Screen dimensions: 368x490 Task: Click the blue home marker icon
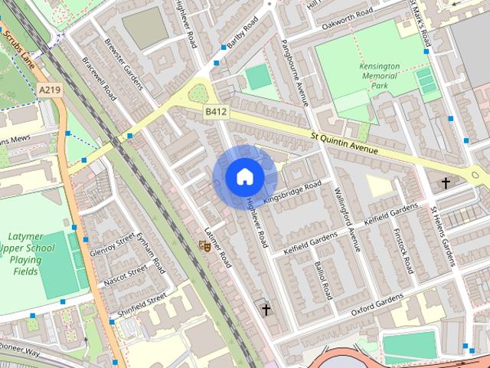tap(244, 177)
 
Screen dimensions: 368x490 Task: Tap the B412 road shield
tap(216, 112)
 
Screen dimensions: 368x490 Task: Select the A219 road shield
tap(50, 90)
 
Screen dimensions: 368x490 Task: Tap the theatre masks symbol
tap(204, 245)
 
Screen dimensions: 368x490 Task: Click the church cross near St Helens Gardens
tap(446, 183)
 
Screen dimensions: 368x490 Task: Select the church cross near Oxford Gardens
tap(266, 310)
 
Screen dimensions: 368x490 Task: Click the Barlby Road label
tap(244, 45)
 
